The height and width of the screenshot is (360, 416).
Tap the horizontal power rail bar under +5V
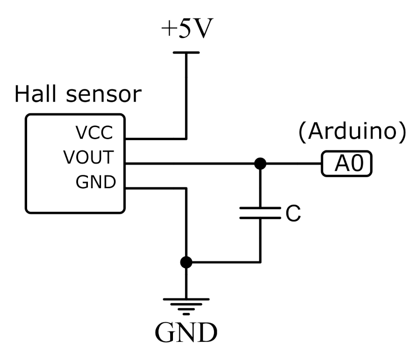pyautogui.click(x=186, y=53)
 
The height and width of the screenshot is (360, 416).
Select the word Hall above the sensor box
pyautogui.click(x=38, y=94)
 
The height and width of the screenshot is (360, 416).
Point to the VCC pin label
pyautogui.click(x=95, y=134)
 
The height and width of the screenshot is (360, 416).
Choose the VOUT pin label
pyautogui.click(x=89, y=158)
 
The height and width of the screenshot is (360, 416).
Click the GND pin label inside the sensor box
pyautogui.click(x=95, y=182)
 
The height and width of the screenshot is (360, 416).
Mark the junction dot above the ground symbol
pyautogui.click(x=186, y=262)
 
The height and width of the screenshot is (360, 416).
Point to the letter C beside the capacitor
pyautogui.click(x=292, y=214)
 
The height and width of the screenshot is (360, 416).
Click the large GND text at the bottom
pyautogui.click(x=186, y=332)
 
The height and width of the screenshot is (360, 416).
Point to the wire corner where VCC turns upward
pyautogui.click(x=186, y=139)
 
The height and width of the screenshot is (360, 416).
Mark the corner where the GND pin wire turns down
pyautogui.click(x=186, y=188)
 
